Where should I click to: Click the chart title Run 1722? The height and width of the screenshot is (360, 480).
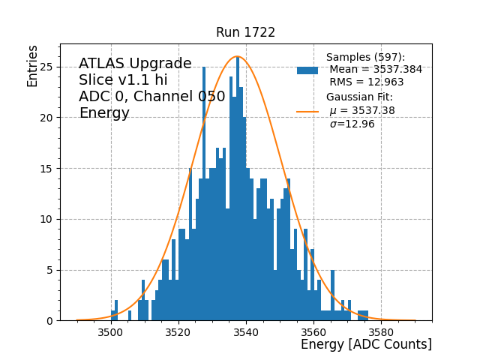click(245, 32)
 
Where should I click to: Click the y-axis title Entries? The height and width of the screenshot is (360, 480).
click(32, 66)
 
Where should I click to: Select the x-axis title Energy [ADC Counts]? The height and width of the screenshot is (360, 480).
click(366, 344)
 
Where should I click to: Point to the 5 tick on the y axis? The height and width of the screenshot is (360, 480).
click(49, 270)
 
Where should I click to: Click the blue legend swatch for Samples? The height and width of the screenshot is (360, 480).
click(307, 70)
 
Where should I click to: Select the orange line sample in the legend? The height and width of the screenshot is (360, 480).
click(307, 111)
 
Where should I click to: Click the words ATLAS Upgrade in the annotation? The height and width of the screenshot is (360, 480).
click(135, 64)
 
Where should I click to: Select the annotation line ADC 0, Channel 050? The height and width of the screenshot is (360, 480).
click(151, 97)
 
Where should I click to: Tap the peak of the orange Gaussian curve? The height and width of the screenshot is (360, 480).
click(237, 56)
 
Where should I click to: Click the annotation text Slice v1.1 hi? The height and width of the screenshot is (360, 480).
click(123, 80)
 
